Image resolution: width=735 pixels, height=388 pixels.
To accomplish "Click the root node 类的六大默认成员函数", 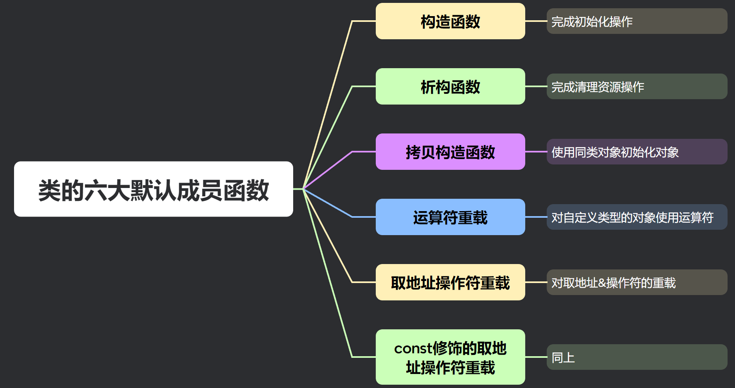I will [x=154, y=189].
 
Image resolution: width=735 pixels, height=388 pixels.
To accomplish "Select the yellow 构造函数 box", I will [x=450, y=21].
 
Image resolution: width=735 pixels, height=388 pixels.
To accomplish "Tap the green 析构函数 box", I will [x=450, y=86].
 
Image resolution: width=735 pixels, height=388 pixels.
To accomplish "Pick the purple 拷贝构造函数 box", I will [x=450, y=152].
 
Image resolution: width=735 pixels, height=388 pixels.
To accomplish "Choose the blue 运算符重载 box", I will [x=450, y=217].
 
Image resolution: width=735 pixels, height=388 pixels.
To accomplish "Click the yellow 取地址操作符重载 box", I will [x=450, y=282].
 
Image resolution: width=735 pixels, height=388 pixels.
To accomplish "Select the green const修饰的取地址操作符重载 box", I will [x=450, y=357].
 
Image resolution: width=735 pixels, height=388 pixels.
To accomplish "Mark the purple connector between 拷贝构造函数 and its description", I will [x=536, y=152].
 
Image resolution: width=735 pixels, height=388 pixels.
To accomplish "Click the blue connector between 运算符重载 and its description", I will [x=536, y=217].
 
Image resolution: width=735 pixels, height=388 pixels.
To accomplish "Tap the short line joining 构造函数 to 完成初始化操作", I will [x=536, y=21].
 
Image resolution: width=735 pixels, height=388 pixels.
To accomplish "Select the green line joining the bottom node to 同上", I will [x=536, y=357].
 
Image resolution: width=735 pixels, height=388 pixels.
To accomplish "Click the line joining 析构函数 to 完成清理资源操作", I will [x=536, y=86].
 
